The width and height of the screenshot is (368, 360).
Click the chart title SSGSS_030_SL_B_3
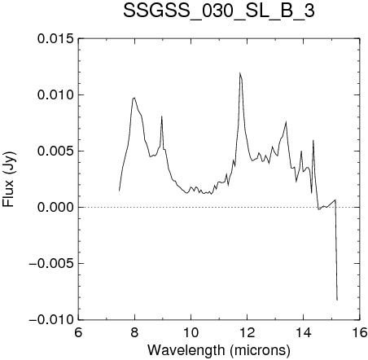(219, 11)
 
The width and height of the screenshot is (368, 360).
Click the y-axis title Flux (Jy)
(9, 179)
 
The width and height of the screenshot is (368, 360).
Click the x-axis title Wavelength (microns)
(219, 349)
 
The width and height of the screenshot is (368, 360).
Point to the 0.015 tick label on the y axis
(55, 39)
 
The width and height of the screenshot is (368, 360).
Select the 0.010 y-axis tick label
(55, 95)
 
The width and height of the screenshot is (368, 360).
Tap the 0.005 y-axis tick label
(55, 151)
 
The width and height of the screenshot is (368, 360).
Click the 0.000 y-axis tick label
(55, 208)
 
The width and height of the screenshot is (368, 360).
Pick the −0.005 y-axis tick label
(51, 264)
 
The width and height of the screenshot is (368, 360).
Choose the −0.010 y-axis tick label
(51, 320)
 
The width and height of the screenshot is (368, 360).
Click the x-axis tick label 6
(78, 332)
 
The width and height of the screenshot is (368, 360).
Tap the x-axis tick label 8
(134, 332)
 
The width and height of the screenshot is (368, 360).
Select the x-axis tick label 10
(191, 332)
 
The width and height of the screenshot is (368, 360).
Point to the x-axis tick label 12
(248, 332)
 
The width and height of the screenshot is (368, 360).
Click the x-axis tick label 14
(304, 332)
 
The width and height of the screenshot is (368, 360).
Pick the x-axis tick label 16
(360, 332)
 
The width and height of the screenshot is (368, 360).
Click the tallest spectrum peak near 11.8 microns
(240, 72)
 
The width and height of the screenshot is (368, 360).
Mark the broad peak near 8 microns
(134, 98)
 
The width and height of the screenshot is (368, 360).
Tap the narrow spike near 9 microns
(161, 116)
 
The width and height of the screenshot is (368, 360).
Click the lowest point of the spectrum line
(337, 300)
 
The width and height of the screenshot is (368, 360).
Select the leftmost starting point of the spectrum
(119, 191)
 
